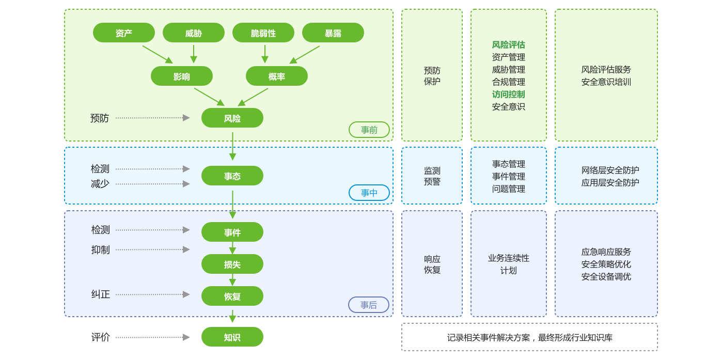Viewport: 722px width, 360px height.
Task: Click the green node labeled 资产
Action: (x=124, y=33)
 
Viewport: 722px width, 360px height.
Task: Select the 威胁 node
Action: (x=194, y=33)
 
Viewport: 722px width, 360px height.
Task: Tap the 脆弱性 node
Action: (x=263, y=33)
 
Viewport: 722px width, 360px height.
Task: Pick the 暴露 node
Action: (x=333, y=33)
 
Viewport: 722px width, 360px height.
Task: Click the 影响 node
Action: (x=182, y=76)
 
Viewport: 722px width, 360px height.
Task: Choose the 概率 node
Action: (x=277, y=76)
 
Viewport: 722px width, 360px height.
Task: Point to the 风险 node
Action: (x=232, y=118)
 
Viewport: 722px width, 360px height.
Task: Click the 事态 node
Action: (x=232, y=176)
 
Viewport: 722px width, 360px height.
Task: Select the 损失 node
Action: (x=232, y=264)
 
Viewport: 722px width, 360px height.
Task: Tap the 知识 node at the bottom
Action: (x=232, y=337)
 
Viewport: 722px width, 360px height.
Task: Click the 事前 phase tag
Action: (x=369, y=130)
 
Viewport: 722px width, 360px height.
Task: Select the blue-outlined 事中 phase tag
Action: (x=369, y=193)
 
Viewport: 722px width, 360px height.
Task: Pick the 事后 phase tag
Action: (x=369, y=305)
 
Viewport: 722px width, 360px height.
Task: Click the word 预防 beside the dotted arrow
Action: (x=100, y=118)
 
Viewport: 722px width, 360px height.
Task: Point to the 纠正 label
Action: (x=101, y=294)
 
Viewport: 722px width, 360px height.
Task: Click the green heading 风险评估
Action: (x=509, y=45)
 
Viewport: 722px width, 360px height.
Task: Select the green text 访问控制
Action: (x=509, y=95)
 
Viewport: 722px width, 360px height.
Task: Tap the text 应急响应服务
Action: (x=606, y=252)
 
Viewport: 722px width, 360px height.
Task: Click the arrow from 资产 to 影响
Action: (x=158, y=54)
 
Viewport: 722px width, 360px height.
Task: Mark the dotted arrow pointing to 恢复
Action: (x=152, y=294)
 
